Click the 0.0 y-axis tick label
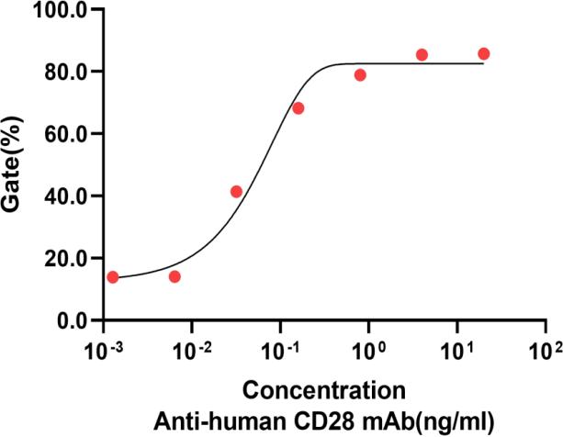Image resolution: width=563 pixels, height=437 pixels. (x=70, y=320)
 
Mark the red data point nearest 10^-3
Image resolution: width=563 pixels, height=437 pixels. (x=113, y=277)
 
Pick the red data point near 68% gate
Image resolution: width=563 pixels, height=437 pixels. (x=298, y=108)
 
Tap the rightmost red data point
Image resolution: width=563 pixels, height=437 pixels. (x=484, y=54)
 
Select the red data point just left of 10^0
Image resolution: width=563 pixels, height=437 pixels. (x=360, y=75)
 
